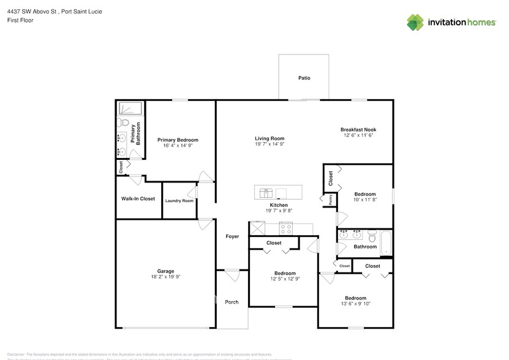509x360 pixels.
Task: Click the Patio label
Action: (304, 78)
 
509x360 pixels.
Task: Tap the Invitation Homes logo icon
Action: (417, 23)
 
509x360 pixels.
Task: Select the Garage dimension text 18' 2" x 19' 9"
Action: (165, 277)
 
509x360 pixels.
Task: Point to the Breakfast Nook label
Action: (358, 130)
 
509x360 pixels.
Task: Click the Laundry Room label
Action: (179, 201)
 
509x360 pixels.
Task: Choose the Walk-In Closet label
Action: (138, 199)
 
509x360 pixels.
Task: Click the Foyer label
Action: (232, 236)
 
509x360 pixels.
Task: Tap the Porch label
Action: (232, 302)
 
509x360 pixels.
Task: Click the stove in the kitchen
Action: (286, 228)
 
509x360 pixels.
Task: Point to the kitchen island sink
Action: (266, 192)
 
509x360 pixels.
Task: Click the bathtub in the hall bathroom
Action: (385, 243)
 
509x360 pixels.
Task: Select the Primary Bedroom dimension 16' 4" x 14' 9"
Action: (178, 146)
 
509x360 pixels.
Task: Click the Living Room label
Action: (270, 138)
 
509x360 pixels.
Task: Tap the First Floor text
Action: (20, 20)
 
